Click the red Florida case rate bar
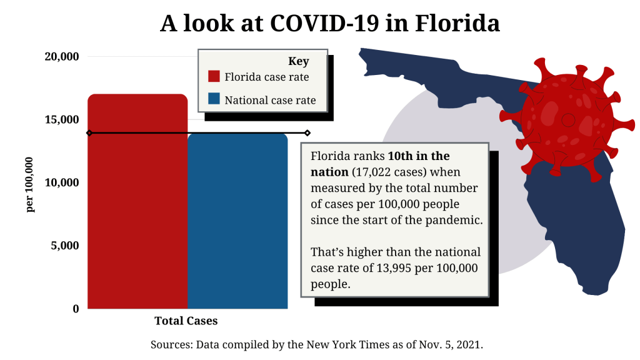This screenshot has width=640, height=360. [137, 206]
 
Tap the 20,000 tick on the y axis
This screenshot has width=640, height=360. [62, 57]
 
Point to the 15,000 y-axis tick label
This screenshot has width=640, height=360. [62, 120]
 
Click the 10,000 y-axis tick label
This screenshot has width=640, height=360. [62, 183]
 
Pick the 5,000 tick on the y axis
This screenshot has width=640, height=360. [65, 246]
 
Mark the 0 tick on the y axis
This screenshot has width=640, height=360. [76, 309]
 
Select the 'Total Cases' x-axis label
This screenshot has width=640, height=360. [186, 321]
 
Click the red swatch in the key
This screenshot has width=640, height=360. [214, 77]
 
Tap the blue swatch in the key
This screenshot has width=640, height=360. [214, 99]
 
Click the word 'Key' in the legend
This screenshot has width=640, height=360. [298, 61]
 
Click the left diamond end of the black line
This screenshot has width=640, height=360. [89, 132]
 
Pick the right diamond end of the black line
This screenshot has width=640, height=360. [307, 132]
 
